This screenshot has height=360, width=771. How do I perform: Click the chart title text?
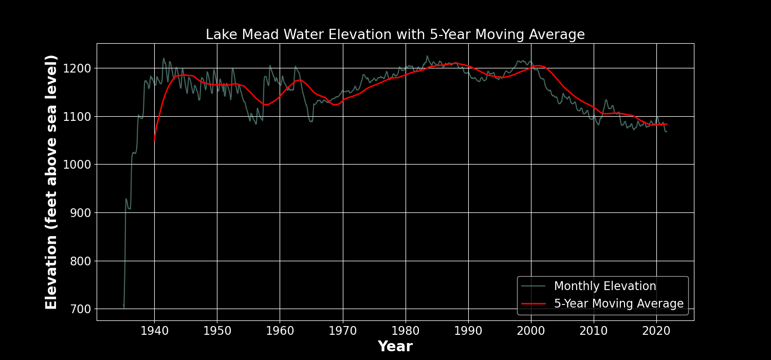click(395, 34)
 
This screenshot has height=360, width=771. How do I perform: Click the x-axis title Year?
click(395, 347)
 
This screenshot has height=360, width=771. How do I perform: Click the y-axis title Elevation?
click(51, 182)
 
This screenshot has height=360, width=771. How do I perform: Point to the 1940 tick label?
click(154, 330)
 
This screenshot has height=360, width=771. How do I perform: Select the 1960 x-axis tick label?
click(280, 330)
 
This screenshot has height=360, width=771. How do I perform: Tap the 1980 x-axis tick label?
click(406, 330)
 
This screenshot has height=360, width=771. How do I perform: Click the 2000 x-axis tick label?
click(531, 330)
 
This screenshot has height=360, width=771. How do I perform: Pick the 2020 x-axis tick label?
click(656, 330)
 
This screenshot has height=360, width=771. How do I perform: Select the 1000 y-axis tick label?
click(78, 165)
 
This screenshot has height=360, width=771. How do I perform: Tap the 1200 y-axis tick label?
click(78, 68)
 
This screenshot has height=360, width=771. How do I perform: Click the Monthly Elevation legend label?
click(604, 286)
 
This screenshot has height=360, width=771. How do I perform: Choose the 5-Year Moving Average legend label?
click(618, 304)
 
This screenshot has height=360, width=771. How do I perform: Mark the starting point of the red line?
click(154, 140)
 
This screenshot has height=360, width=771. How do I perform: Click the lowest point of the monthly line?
click(124, 308)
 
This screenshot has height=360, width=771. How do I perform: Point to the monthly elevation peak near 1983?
click(427, 56)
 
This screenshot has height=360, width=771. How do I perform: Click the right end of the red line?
click(667, 124)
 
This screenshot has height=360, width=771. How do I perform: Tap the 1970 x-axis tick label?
click(343, 330)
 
